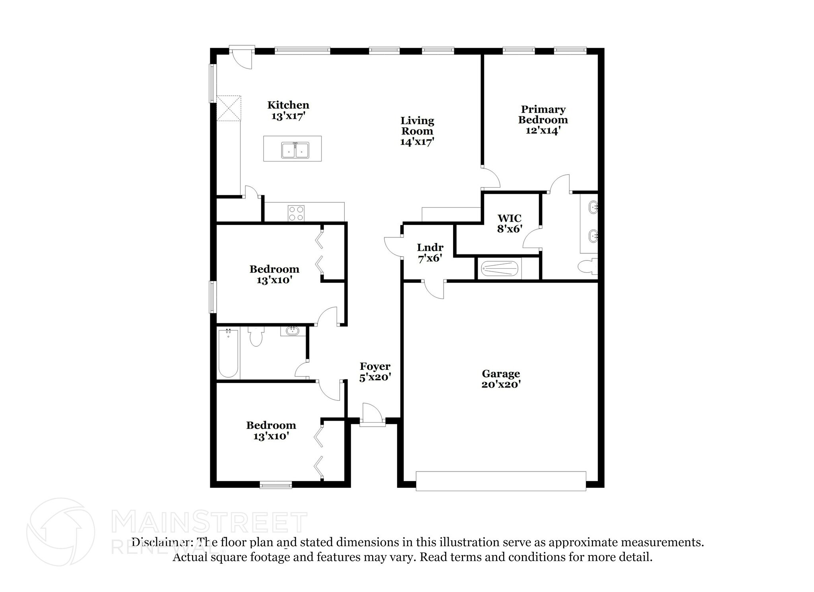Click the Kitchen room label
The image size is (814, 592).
(288, 105)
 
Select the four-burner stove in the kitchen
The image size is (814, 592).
(296, 213)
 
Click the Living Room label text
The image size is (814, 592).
(417, 126)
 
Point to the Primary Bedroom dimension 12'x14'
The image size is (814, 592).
(543, 130)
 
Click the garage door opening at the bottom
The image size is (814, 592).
(501, 481)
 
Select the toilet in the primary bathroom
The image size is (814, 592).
(587, 267)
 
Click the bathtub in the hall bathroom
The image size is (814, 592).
(228, 353)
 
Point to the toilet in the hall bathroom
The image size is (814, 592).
(256, 337)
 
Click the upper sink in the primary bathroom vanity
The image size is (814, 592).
(593, 207)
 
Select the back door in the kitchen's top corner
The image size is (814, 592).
(242, 58)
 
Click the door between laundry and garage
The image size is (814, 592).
(434, 289)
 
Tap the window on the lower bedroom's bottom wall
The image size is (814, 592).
(275, 485)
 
